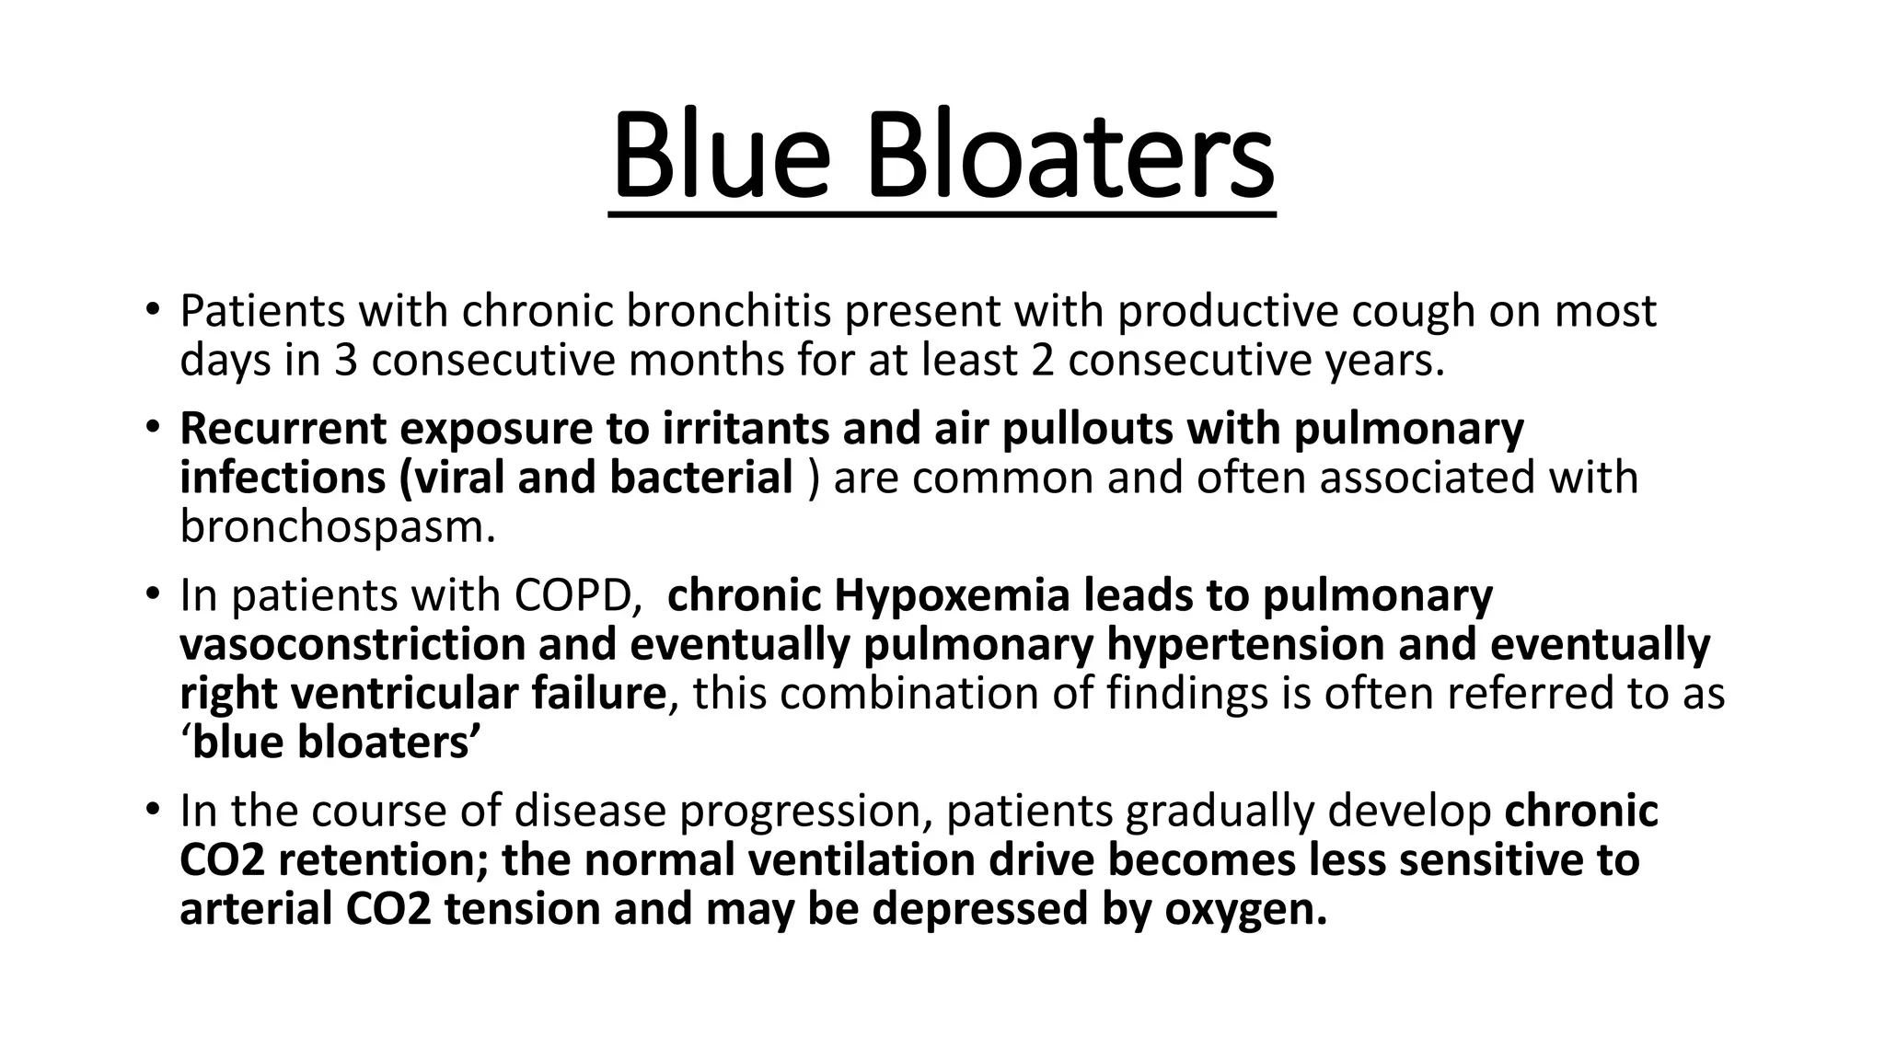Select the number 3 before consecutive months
345,361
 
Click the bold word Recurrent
283,429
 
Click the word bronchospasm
337,527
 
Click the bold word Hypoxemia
952,595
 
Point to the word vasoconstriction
353,644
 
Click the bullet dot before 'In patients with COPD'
153,593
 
